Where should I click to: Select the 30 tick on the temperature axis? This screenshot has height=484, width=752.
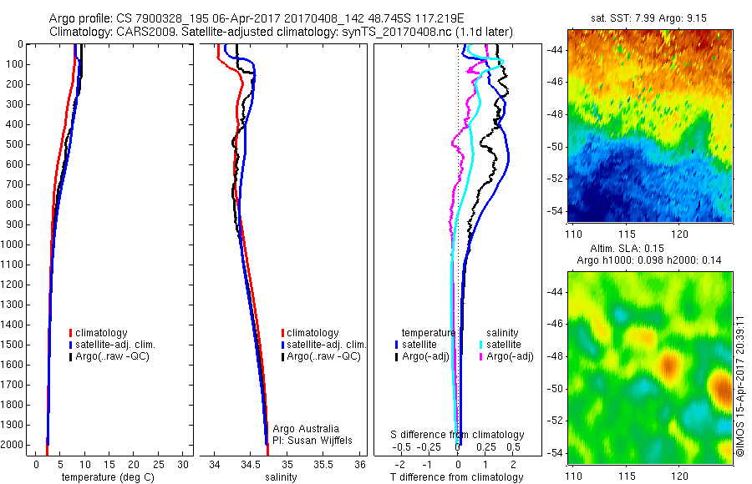184,463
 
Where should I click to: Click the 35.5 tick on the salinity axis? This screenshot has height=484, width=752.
323,463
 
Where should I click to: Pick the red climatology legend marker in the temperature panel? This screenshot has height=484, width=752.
70,333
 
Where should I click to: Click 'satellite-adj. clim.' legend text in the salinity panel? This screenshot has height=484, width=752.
327,345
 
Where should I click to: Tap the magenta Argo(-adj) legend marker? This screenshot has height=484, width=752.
481,356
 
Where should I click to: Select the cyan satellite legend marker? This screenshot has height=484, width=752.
481,345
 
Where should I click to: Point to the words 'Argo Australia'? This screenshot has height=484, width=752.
307,429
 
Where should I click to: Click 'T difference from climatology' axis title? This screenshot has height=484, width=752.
457,477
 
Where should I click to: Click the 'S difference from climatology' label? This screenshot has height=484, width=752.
458,435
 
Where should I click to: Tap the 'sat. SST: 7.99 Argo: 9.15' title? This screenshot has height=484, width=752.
649,18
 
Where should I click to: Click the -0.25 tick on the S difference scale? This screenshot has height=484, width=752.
431,447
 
